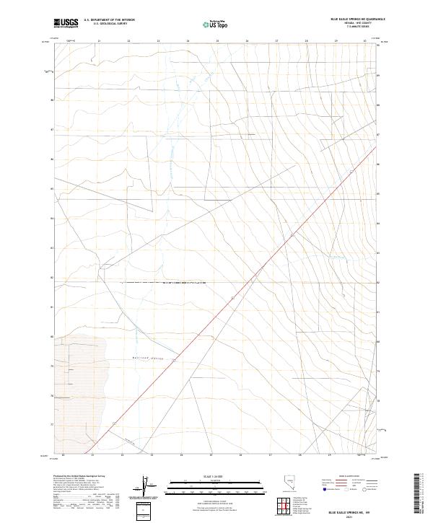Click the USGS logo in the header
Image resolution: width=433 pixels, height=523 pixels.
[65, 22]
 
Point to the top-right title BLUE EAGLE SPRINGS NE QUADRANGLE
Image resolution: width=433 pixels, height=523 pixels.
[357, 18]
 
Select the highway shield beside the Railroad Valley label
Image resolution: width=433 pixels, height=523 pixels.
[175, 360]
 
